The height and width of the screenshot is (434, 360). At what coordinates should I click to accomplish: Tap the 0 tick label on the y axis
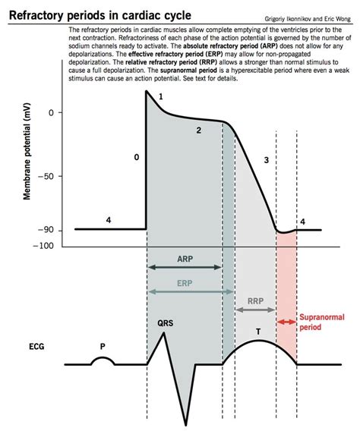[x=50, y=113]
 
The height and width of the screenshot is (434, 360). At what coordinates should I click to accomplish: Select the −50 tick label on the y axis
[x=46, y=176]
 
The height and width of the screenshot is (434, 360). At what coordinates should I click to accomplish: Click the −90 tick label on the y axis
[x=46, y=230]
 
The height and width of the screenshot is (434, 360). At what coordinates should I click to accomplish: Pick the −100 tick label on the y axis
[x=44, y=245]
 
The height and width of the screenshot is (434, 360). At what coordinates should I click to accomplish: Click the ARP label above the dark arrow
[x=185, y=258]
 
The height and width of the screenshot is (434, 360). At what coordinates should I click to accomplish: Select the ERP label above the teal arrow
[x=185, y=282]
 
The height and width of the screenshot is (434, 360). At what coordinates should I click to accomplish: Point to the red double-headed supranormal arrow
[x=286, y=322]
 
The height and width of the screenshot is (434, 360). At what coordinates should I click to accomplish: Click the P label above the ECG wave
[x=102, y=344]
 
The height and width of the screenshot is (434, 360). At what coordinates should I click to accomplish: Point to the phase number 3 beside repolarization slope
[x=266, y=160]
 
